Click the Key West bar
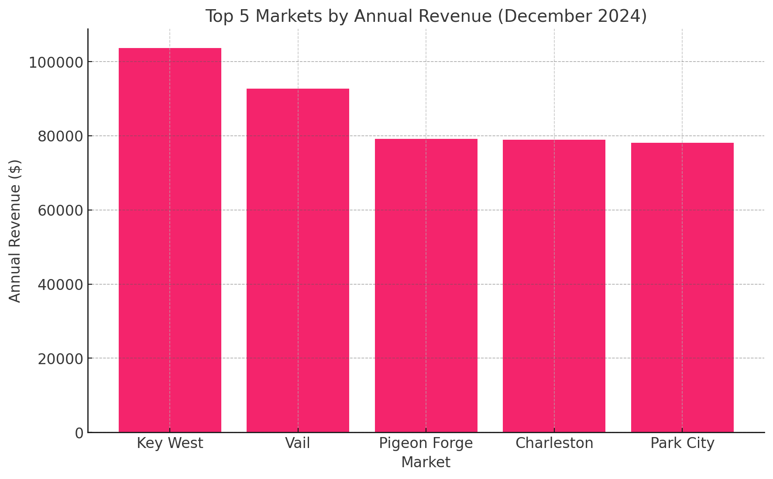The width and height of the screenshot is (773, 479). tap(170, 240)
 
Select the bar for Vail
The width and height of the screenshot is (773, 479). tap(298, 261)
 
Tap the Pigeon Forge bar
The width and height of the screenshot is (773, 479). tap(426, 286)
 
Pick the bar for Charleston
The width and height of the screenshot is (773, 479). tap(554, 286)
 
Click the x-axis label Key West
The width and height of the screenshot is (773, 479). tap(170, 443)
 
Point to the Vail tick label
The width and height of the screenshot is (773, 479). tap(298, 443)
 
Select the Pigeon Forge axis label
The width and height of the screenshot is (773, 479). tap(426, 443)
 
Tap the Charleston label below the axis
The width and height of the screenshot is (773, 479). tap(554, 443)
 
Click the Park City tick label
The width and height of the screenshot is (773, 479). tap(682, 443)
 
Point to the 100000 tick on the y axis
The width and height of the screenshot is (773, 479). tap(56, 62)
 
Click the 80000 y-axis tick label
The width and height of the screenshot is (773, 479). tap(60, 137)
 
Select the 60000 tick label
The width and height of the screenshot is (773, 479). tap(60, 210)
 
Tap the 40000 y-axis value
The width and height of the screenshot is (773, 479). tap(60, 285)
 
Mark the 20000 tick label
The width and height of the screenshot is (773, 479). tap(60, 359)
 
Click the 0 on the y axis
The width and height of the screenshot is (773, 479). tap(79, 433)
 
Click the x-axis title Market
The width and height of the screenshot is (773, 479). tap(426, 462)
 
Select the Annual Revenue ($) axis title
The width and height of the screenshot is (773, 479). tap(15, 231)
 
